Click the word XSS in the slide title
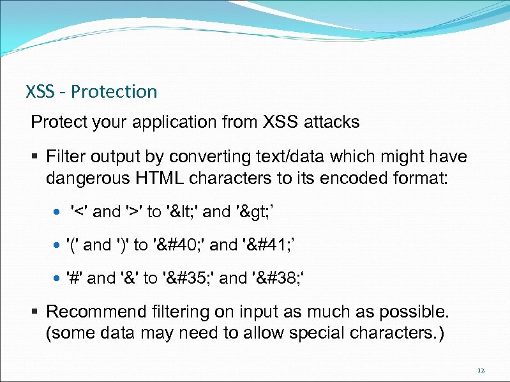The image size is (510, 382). point(40,92)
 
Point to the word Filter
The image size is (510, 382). point(67,157)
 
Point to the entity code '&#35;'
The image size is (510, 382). point(188,278)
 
